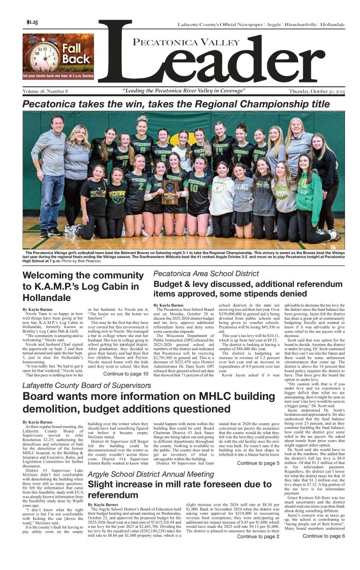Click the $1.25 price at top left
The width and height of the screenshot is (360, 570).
(x=33, y=22)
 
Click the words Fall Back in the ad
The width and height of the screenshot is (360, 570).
(x=75, y=53)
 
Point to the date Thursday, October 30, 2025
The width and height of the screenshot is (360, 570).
(x=316, y=91)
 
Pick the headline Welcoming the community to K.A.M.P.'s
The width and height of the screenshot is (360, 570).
(x=81, y=286)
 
